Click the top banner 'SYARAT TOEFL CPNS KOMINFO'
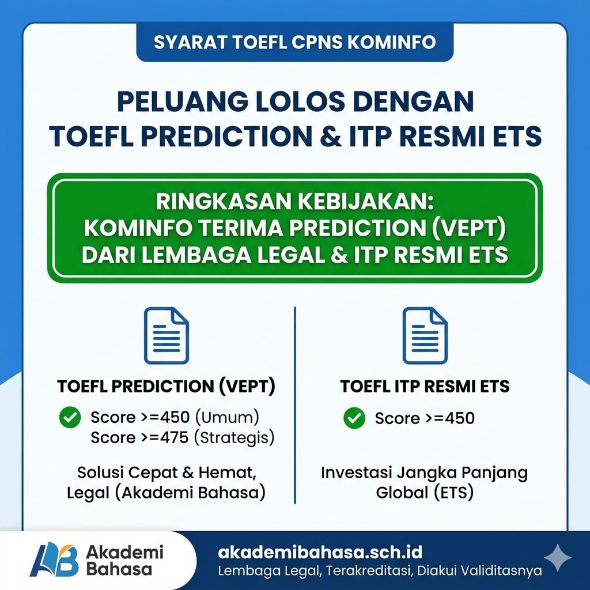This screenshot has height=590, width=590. tap(294, 43)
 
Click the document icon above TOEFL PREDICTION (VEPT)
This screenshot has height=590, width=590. tap(166, 335)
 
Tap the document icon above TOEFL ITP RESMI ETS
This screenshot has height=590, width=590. tap(425, 335)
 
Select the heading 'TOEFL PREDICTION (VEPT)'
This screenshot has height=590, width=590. tap(166, 386)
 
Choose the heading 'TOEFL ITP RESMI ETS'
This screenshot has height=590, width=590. tap(425, 386)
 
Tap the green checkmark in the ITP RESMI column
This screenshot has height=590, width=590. tap(354, 418)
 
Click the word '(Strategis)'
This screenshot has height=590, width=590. tap(234, 438)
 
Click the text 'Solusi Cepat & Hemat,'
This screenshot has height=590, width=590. tap(166, 473)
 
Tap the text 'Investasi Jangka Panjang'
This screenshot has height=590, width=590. tap(425, 473)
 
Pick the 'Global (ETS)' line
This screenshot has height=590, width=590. tap(425, 493)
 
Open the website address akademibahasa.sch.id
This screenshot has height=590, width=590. tap(320, 553)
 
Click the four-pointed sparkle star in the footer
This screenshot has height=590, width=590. tap(557, 557)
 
